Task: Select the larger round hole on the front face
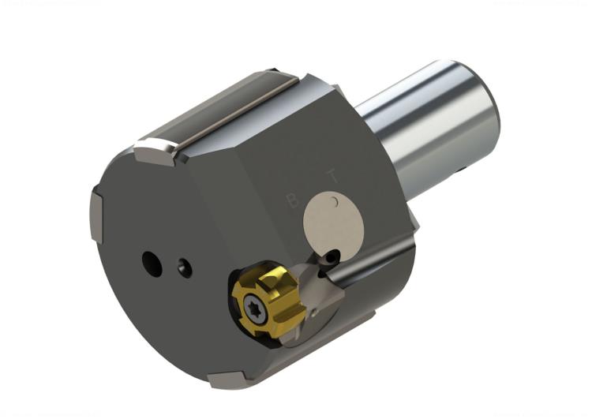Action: click(x=152, y=264)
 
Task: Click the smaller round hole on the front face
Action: click(x=185, y=268)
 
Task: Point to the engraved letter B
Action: click(x=292, y=201)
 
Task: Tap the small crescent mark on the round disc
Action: click(x=335, y=203)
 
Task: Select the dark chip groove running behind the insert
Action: click(x=371, y=272)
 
